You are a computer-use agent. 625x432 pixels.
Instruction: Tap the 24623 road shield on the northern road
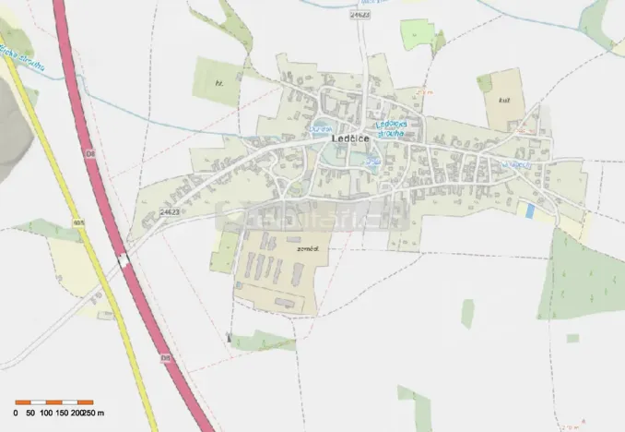pos(360,16)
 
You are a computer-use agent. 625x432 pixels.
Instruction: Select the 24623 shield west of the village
pos(168,211)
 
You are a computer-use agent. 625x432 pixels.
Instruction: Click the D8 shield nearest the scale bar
pos(167,357)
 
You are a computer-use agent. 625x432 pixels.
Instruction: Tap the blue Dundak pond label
pos(321,128)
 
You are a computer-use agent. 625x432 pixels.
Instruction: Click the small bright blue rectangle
pos(529,210)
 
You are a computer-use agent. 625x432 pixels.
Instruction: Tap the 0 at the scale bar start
pos(16,413)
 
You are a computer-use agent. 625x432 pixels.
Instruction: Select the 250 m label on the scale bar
pos(94,413)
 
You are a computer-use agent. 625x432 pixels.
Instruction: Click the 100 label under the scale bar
pos(46,413)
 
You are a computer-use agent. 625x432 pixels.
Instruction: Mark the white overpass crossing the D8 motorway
pos(123,261)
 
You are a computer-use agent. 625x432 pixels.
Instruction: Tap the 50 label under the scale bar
pos(30,413)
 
